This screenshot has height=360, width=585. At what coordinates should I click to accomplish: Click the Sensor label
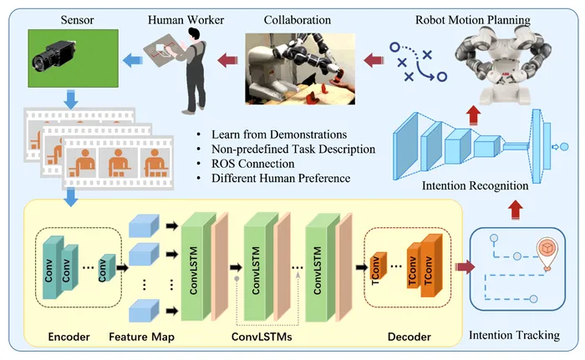77,20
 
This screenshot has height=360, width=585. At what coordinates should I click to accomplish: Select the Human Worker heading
186,20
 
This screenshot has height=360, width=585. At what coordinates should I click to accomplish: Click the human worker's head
194,35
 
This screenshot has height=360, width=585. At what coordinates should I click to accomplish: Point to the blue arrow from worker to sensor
132,59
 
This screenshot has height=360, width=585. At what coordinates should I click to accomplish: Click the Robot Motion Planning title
473,20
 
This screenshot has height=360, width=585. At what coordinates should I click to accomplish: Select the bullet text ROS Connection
252,164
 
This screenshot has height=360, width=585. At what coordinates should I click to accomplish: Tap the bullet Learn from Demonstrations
279,134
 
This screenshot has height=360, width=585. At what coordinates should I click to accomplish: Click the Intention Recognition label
475,185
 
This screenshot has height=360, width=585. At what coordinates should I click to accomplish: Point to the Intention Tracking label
514,335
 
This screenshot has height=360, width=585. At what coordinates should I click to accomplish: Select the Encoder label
69,337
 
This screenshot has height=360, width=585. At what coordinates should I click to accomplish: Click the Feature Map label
141,337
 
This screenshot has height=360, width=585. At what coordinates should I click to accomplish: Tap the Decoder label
409,337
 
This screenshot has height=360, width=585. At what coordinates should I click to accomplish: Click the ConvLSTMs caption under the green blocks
262,337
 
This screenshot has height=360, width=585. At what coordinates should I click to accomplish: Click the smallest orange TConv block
377,266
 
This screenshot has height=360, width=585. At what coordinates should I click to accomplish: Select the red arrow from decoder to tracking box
465,267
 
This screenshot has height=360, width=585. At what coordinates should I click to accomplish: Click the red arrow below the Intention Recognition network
516,210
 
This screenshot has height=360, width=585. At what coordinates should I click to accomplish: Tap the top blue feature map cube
144,226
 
